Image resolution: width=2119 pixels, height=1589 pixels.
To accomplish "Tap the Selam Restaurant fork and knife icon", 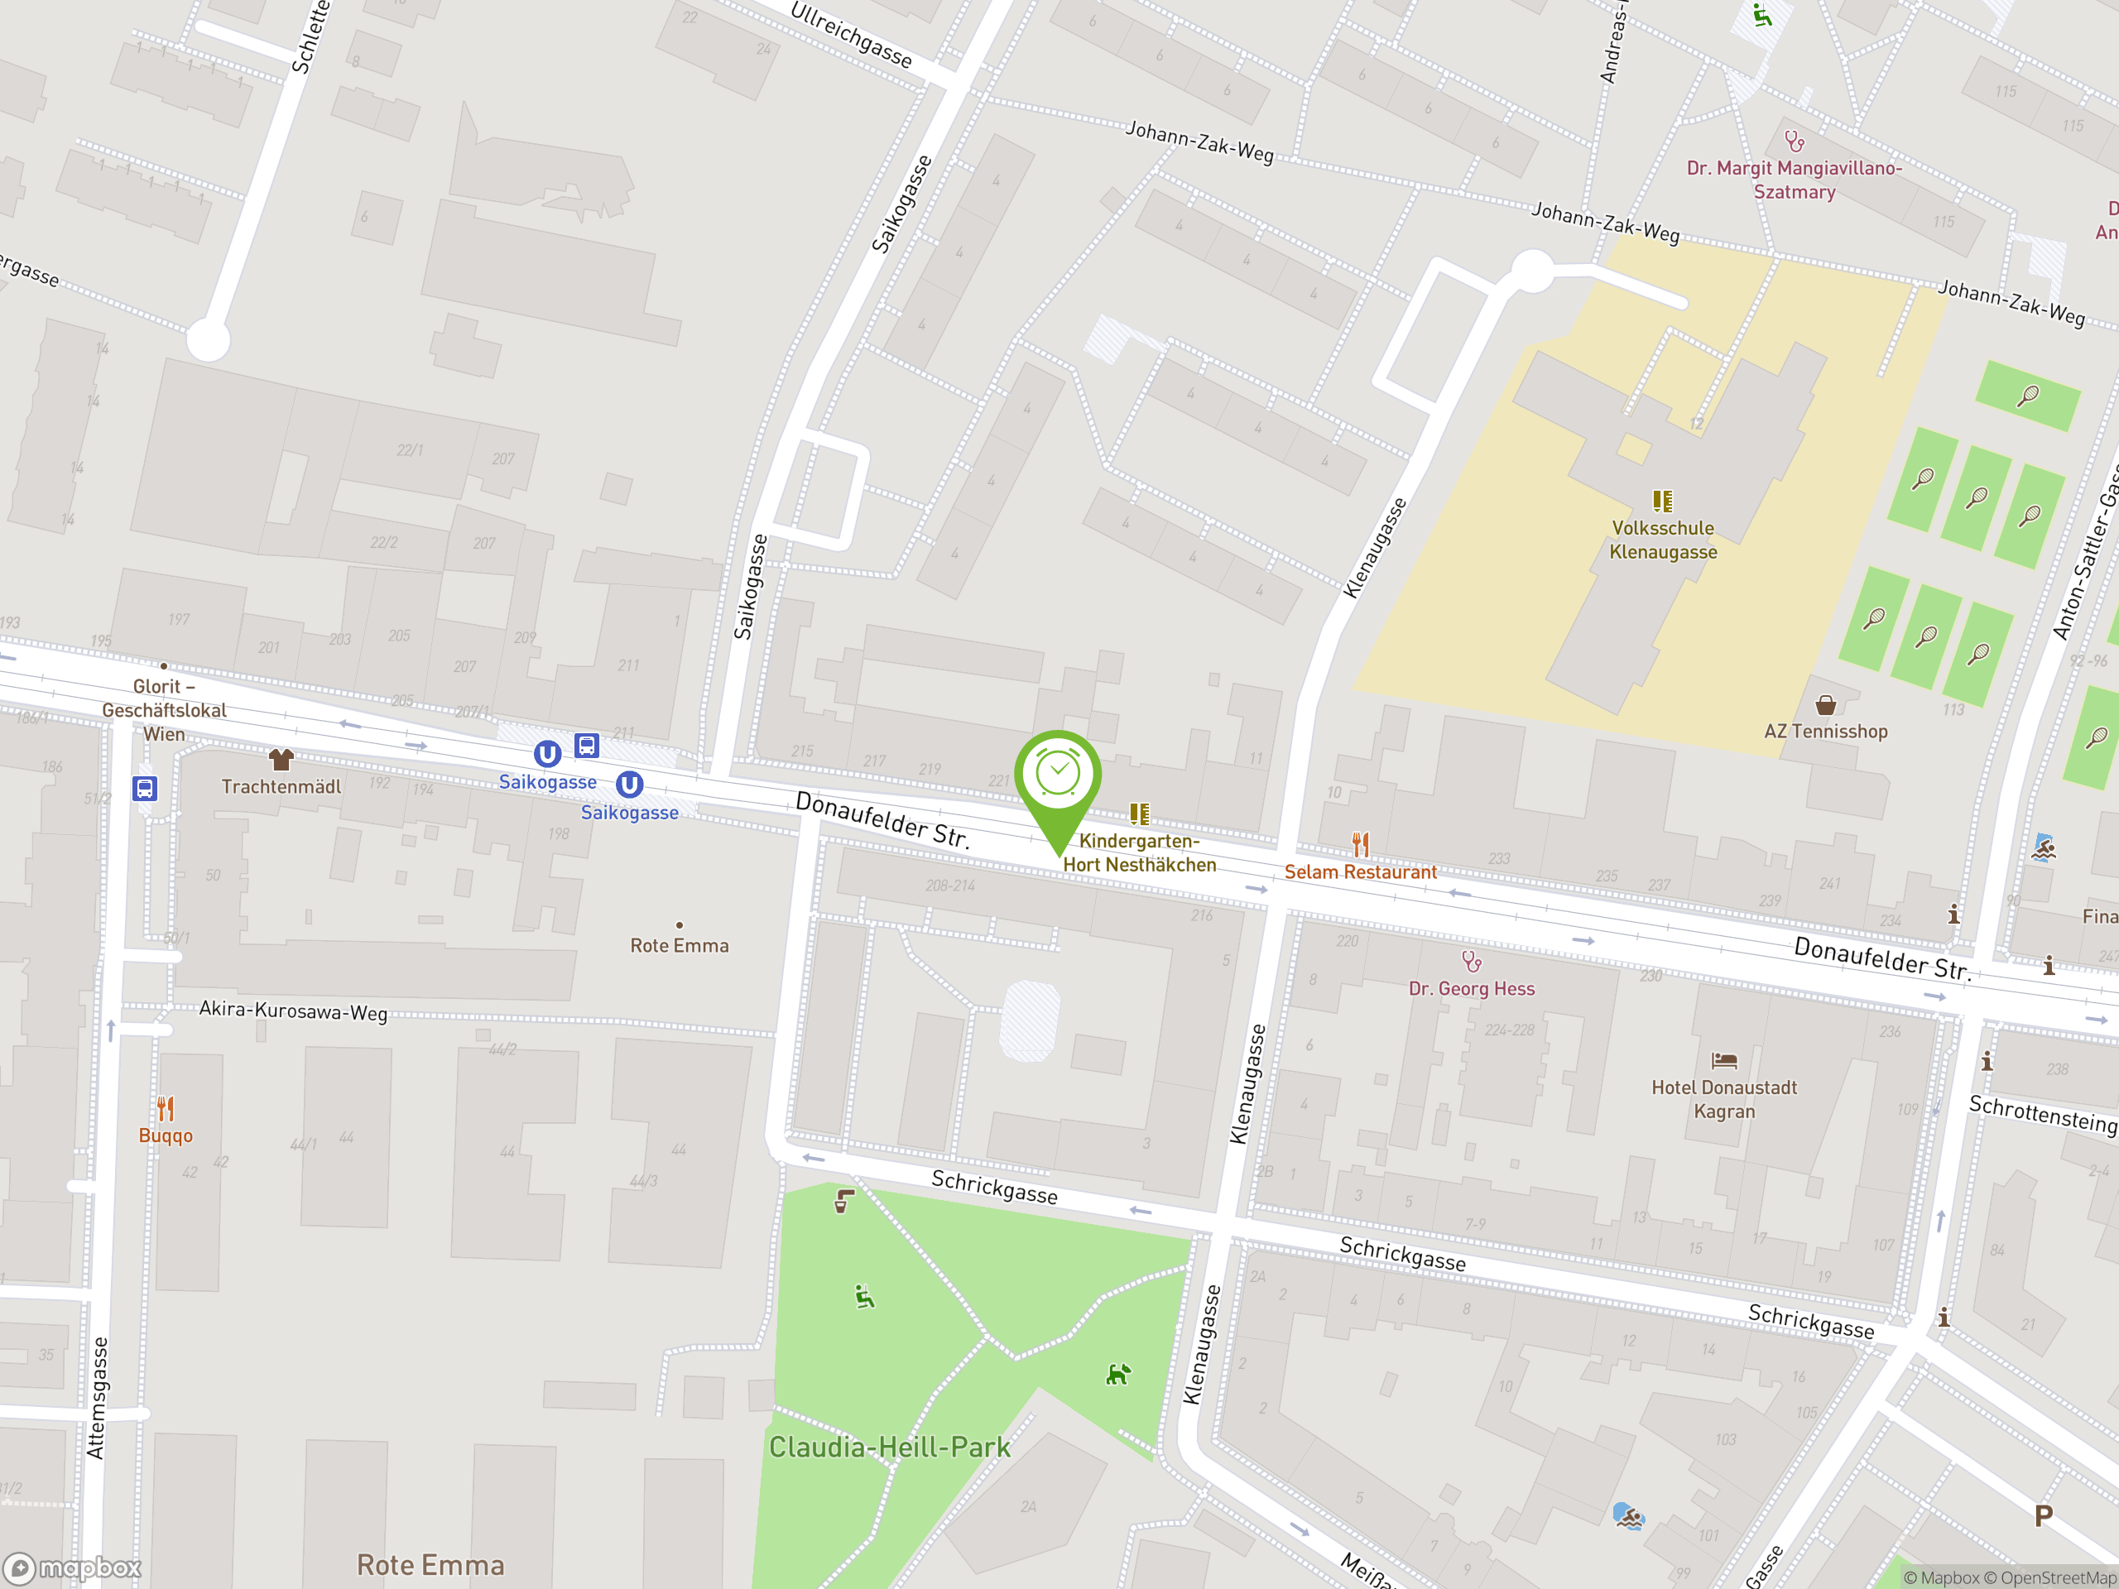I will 1360,844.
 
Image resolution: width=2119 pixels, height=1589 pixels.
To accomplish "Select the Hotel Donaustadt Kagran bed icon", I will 1724,1060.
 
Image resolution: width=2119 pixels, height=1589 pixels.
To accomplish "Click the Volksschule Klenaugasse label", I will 1663,540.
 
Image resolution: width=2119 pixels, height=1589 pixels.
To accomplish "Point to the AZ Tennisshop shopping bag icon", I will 1826,706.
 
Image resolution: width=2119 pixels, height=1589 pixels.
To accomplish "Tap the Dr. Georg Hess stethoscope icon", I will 1472,961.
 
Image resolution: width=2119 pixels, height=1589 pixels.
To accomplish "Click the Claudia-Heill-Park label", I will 889,1447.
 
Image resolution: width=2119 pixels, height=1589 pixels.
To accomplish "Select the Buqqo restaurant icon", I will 166,1108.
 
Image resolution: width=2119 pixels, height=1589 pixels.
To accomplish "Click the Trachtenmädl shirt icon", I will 281,760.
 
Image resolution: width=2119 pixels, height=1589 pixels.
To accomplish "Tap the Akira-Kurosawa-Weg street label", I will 293,1011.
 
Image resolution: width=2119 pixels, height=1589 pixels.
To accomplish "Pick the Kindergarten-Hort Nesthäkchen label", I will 1139,852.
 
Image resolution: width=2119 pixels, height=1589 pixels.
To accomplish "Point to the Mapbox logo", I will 73,1568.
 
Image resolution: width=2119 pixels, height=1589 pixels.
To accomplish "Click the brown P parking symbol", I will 2044,1516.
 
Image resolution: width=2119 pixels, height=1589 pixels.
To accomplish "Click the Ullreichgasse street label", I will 851,36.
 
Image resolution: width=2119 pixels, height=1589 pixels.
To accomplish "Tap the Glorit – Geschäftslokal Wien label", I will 164,710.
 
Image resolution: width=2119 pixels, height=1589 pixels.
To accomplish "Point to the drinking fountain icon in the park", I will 843,1201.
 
